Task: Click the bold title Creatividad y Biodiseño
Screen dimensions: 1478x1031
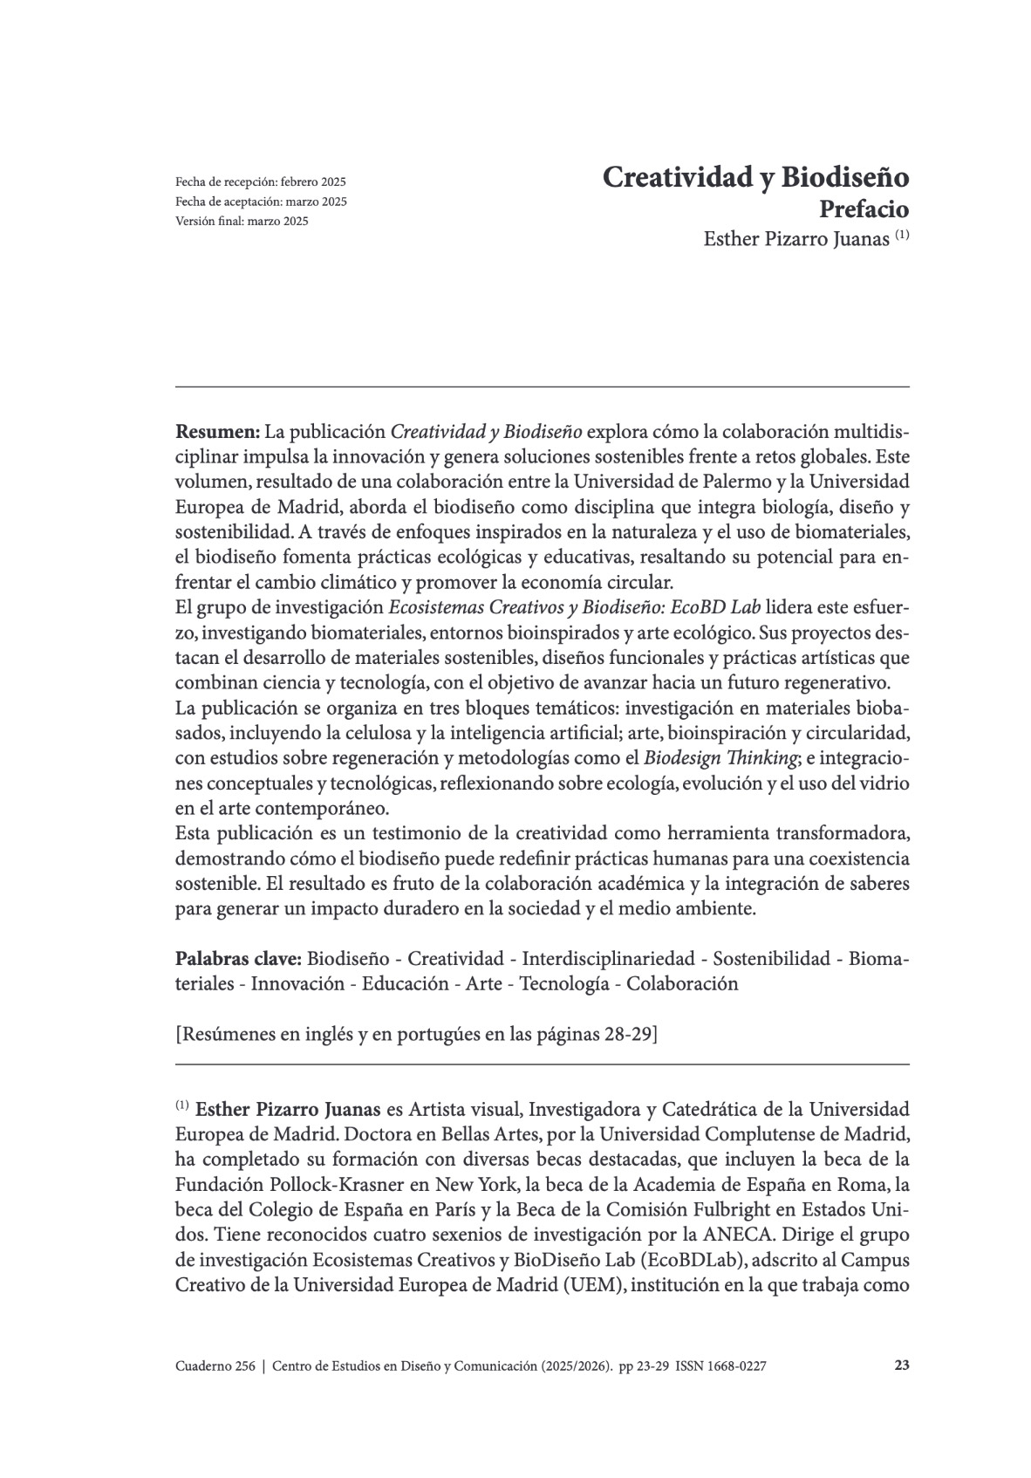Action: (x=755, y=177)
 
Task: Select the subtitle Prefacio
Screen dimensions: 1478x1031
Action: (x=864, y=210)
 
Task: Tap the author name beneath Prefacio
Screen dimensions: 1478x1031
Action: (x=797, y=239)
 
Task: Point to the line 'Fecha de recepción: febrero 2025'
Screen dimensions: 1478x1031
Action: (x=261, y=182)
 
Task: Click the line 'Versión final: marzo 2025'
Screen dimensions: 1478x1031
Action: (x=242, y=221)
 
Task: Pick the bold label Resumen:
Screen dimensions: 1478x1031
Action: (x=218, y=431)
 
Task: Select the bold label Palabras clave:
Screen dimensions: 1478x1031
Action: (x=239, y=959)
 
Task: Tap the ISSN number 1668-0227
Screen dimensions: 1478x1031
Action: (x=737, y=1366)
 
